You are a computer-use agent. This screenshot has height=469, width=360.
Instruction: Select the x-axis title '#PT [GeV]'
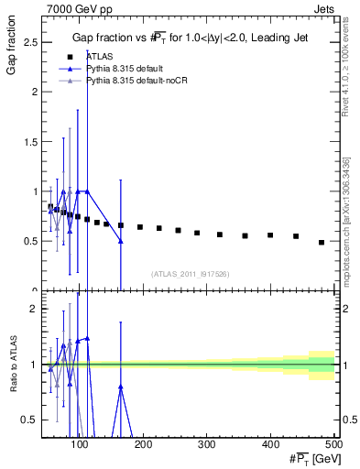click(x=307, y=460)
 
